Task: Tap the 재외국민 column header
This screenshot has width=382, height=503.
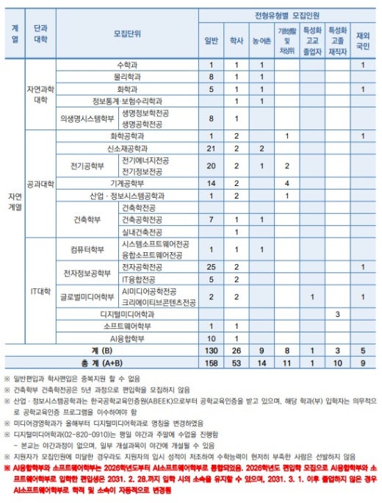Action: [362, 41]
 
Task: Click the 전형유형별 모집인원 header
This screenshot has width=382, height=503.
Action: [286, 15]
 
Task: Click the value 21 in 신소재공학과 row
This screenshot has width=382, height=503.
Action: [211, 149]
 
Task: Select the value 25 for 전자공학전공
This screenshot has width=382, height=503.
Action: [211, 266]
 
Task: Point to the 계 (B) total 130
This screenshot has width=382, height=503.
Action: [211, 350]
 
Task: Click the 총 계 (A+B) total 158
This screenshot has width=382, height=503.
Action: [211, 362]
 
